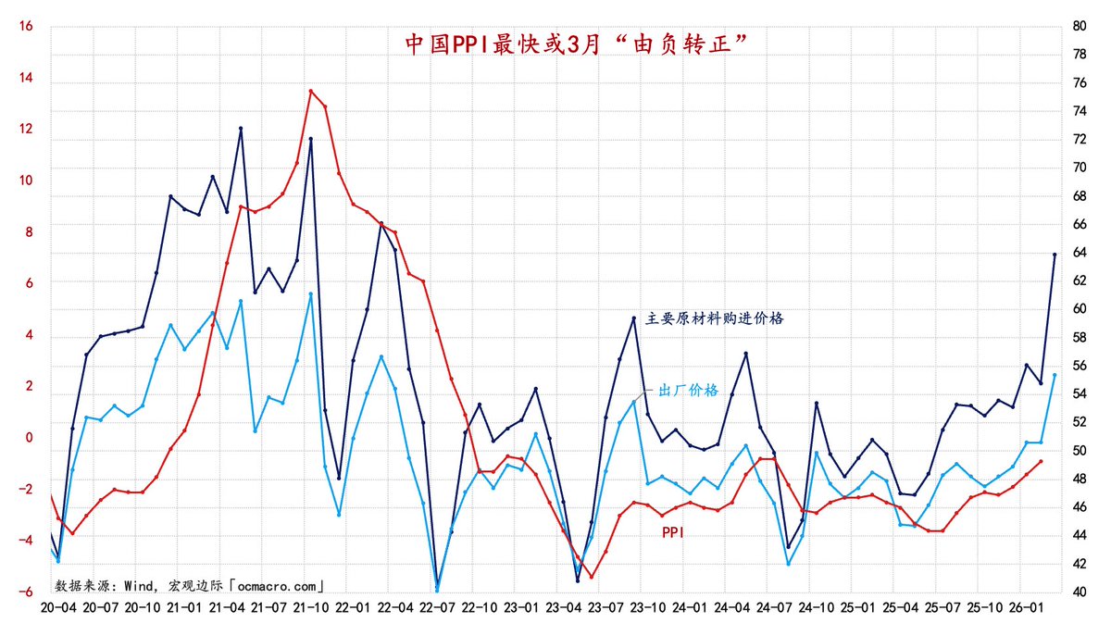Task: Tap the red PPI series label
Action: click(x=673, y=532)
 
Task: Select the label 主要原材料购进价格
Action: click(x=715, y=318)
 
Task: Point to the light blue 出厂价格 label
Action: click(x=687, y=390)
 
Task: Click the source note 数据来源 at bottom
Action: click(x=191, y=585)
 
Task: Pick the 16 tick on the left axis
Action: click(x=26, y=27)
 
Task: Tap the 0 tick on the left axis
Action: click(x=29, y=438)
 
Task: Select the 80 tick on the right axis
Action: click(x=1079, y=27)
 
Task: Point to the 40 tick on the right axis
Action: click(x=1079, y=592)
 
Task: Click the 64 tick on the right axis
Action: click(x=1079, y=253)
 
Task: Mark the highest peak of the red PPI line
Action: click(x=311, y=91)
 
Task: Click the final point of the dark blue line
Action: click(x=1055, y=255)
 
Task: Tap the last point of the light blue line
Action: click(x=1055, y=375)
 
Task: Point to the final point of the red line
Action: click(x=1041, y=461)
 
